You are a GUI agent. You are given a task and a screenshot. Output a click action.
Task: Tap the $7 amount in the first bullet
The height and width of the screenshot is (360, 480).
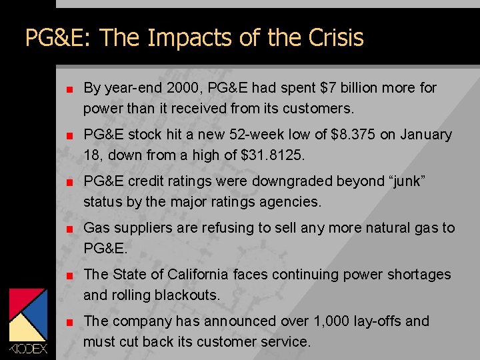(x=328, y=88)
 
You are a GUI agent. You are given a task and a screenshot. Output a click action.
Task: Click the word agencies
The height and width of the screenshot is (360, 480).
(x=293, y=201)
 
